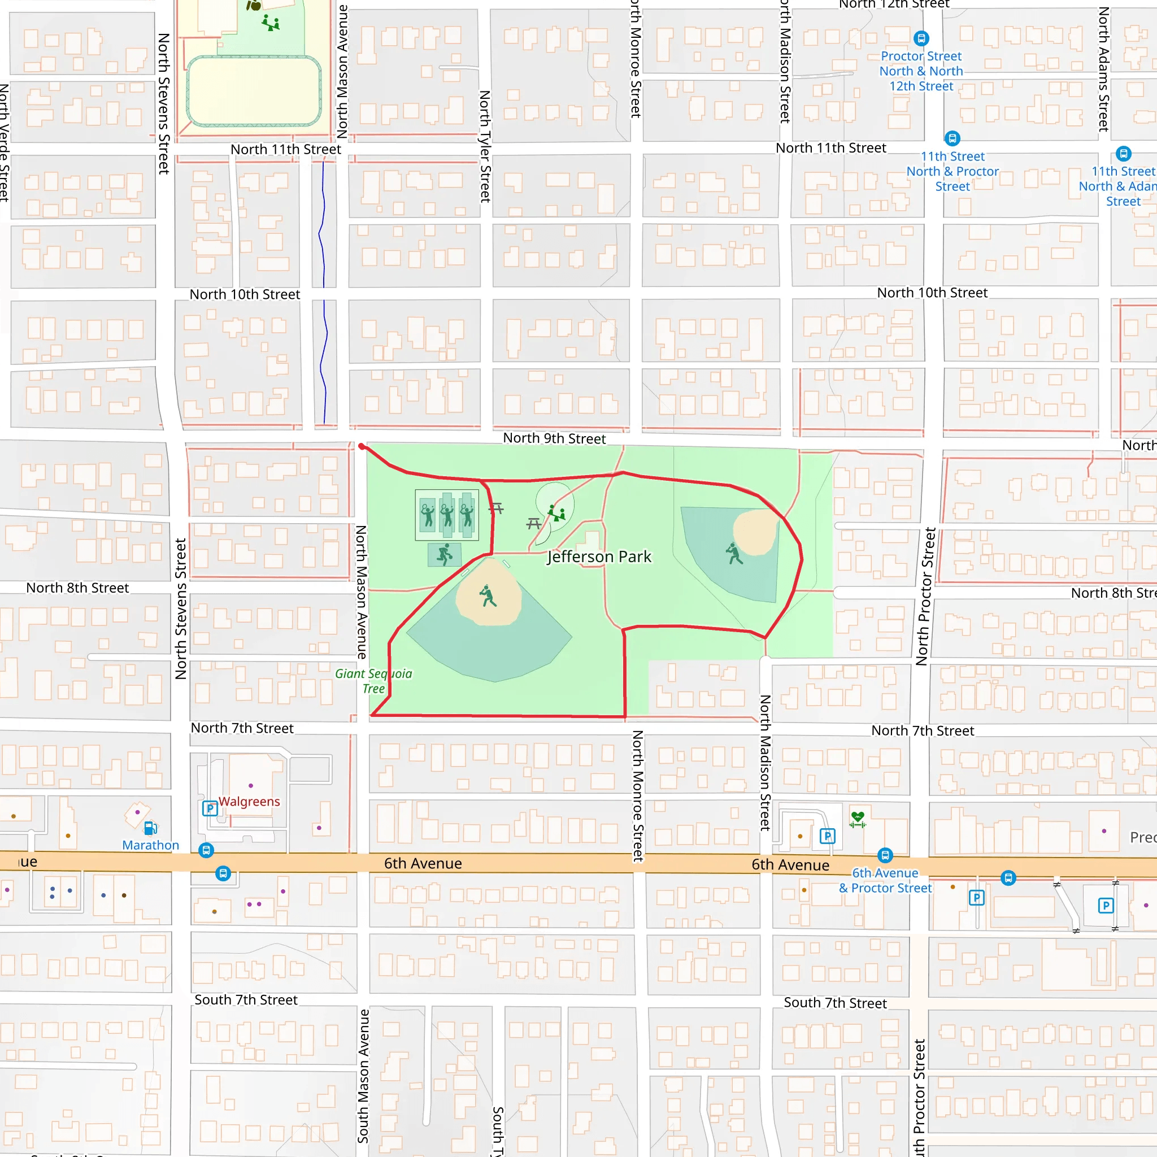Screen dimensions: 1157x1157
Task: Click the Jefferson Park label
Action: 599,557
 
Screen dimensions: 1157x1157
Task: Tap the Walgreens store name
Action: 249,801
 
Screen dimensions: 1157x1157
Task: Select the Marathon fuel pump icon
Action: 150,828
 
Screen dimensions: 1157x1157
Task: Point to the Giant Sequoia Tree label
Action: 373,681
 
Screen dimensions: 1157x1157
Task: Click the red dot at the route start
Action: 362,446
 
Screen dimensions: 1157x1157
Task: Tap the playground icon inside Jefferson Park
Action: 557,512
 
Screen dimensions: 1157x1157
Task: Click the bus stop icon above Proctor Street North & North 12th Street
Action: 921,39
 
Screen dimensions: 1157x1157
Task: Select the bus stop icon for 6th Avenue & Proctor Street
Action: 885,855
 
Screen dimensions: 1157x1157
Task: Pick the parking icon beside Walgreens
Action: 210,808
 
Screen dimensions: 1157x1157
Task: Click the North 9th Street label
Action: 554,438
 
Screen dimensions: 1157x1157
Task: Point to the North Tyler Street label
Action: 485,146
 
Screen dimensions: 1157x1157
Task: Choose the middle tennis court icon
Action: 447,515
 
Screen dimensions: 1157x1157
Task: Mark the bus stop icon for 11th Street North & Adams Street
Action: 1124,153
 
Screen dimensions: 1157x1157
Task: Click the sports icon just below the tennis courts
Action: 445,555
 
